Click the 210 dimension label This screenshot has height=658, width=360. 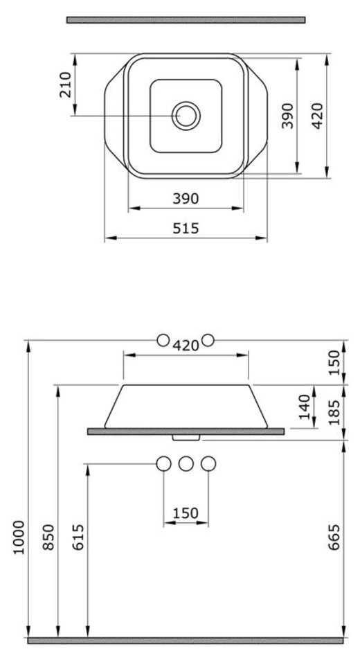coord(66,85)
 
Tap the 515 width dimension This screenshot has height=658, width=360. coord(186,229)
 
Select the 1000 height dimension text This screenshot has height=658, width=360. coord(19,537)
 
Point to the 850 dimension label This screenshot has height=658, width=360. coord(48,537)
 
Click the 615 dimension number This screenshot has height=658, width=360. coord(78,537)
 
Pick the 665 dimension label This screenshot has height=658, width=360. coord(334,537)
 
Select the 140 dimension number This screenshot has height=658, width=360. coord(305,407)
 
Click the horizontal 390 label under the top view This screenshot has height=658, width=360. coord(186,199)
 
